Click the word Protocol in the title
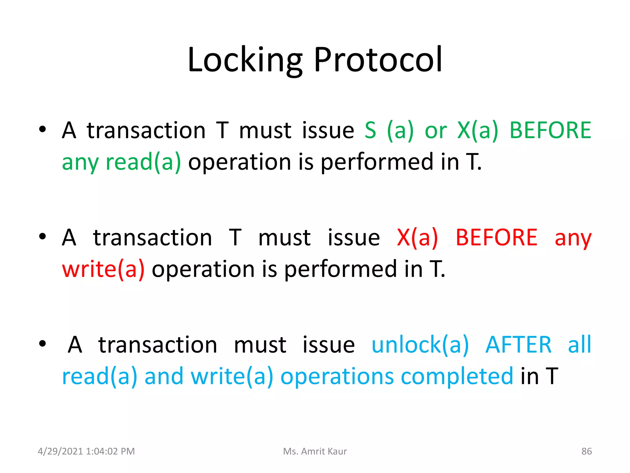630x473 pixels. pos(378,60)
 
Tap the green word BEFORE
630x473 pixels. pos(550,130)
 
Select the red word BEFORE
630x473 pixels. pos(496,237)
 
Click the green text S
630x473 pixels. pos(370,130)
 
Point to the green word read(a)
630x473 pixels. pos(143,162)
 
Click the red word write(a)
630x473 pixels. pos(103,269)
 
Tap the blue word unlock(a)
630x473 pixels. pos(420,345)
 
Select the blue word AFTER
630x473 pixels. pos(518,345)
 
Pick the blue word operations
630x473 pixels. pos(337,376)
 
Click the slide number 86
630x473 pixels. pos(586,451)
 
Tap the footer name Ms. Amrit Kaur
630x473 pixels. pos(315,451)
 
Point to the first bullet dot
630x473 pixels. pos(42,129)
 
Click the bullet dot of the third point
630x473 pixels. pos(42,344)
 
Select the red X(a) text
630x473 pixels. pos(417,237)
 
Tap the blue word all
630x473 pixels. pos(579,345)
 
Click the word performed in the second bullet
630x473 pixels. pos(340,269)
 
